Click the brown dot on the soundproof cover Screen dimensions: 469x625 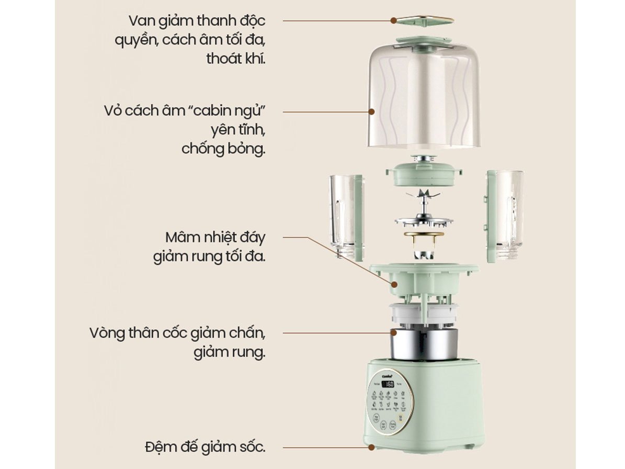click(x=371, y=111)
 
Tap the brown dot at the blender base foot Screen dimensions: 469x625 click(x=371, y=448)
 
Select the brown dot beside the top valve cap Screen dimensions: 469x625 click(x=393, y=20)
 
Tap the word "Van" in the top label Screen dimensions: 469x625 click(x=140, y=21)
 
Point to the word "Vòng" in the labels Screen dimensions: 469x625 click(x=107, y=333)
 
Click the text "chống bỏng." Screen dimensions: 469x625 click(x=223, y=148)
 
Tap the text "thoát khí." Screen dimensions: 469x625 click(x=235, y=58)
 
